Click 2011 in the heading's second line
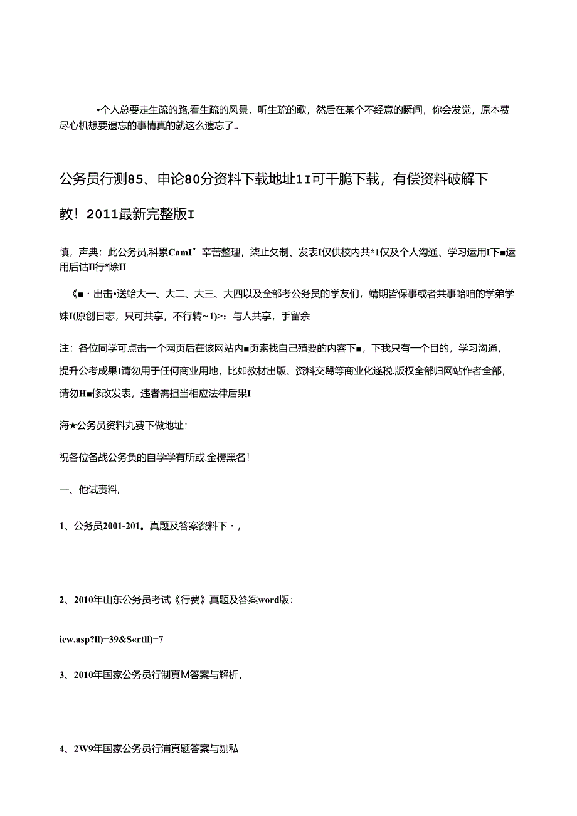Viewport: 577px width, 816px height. point(103,215)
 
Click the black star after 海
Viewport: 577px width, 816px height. point(73,425)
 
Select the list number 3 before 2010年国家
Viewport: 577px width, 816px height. point(62,675)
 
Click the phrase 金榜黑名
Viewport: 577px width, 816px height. point(227,458)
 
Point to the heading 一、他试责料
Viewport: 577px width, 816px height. point(88,491)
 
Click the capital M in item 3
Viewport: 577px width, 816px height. point(186,675)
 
